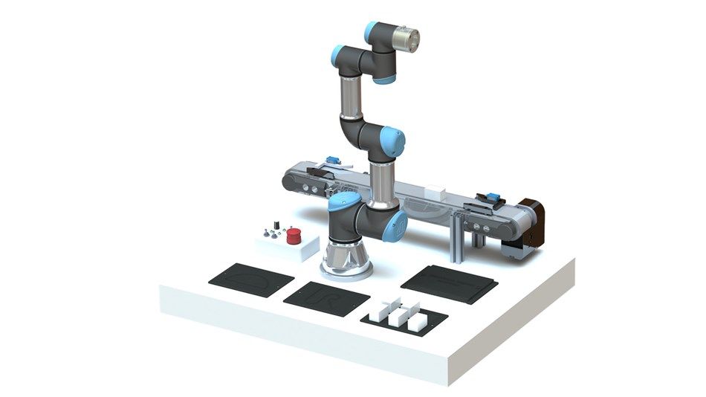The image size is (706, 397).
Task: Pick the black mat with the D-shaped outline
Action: coord(247,278)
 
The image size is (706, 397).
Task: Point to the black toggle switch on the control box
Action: coord(276,224)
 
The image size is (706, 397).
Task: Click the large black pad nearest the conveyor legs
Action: coord(449,283)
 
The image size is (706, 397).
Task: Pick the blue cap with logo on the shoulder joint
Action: coord(398,225)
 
